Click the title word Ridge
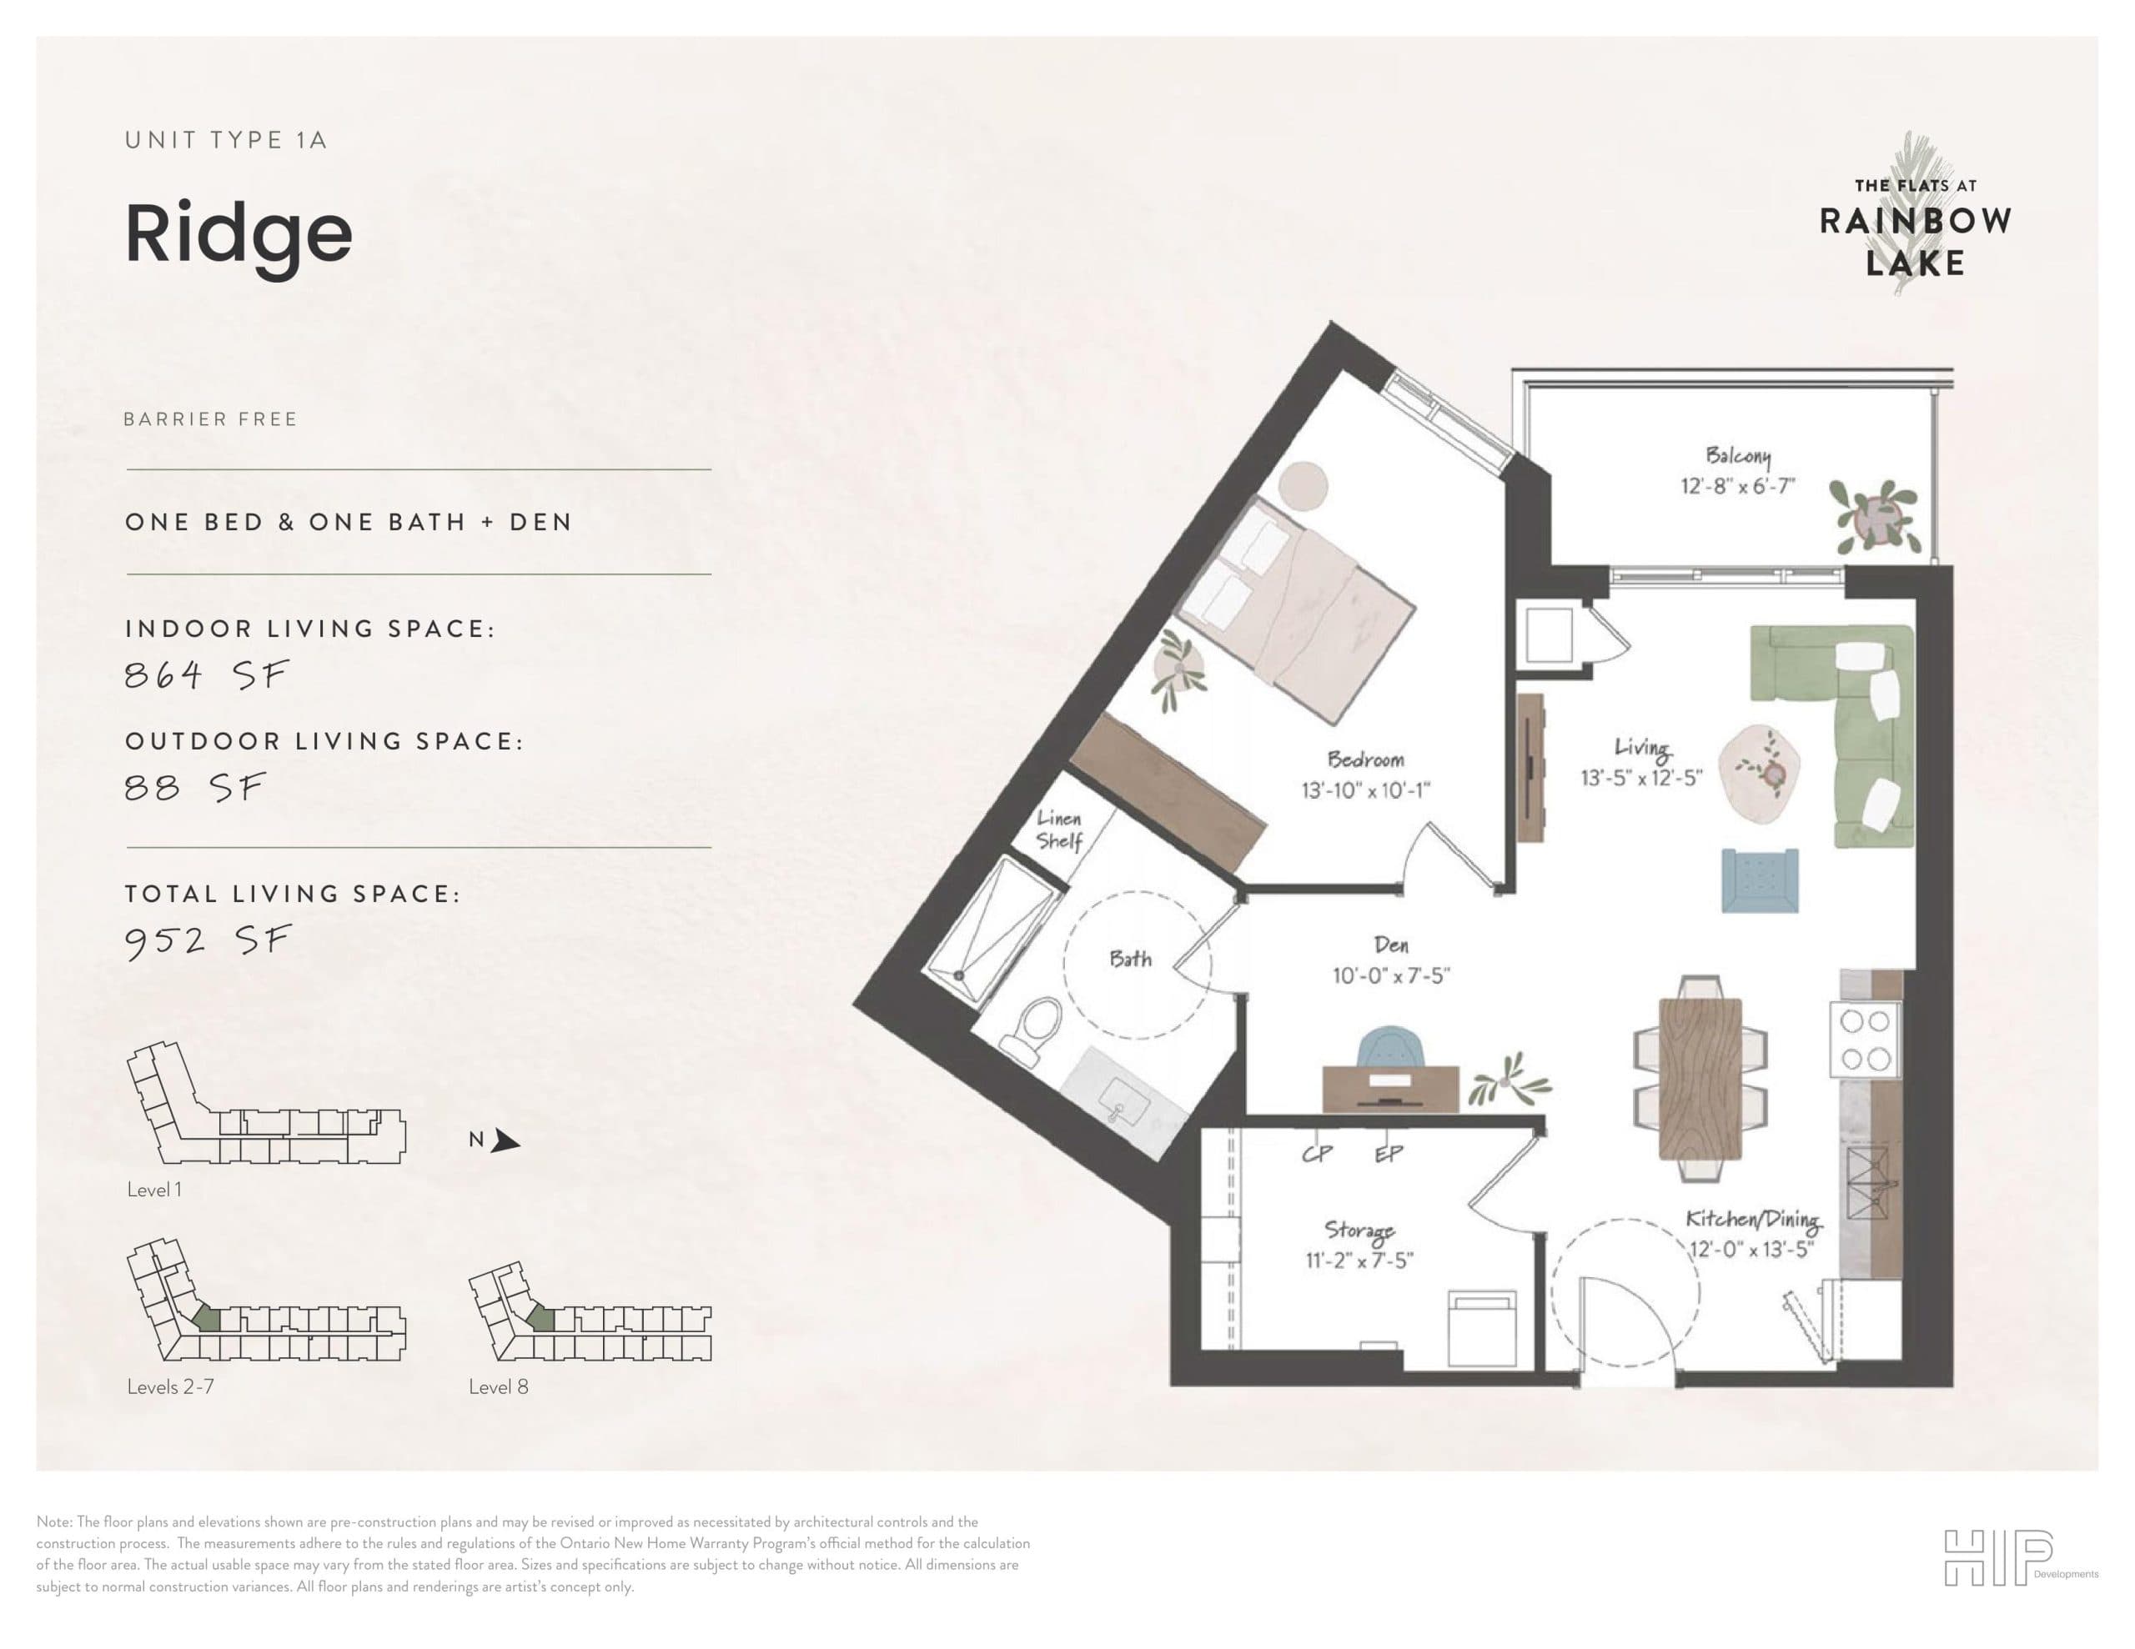(x=239, y=234)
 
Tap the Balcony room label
(x=1737, y=455)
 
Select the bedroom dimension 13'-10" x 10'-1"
(x=1366, y=789)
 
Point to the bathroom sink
(x=1123, y=1105)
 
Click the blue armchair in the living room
(x=1760, y=880)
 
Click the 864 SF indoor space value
(x=206, y=674)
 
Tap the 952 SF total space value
(x=207, y=940)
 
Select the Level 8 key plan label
(x=499, y=1386)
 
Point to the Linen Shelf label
(x=1058, y=830)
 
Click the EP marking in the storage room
(x=1388, y=1154)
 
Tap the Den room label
(x=1391, y=945)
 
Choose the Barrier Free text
(x=210, y=419)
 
